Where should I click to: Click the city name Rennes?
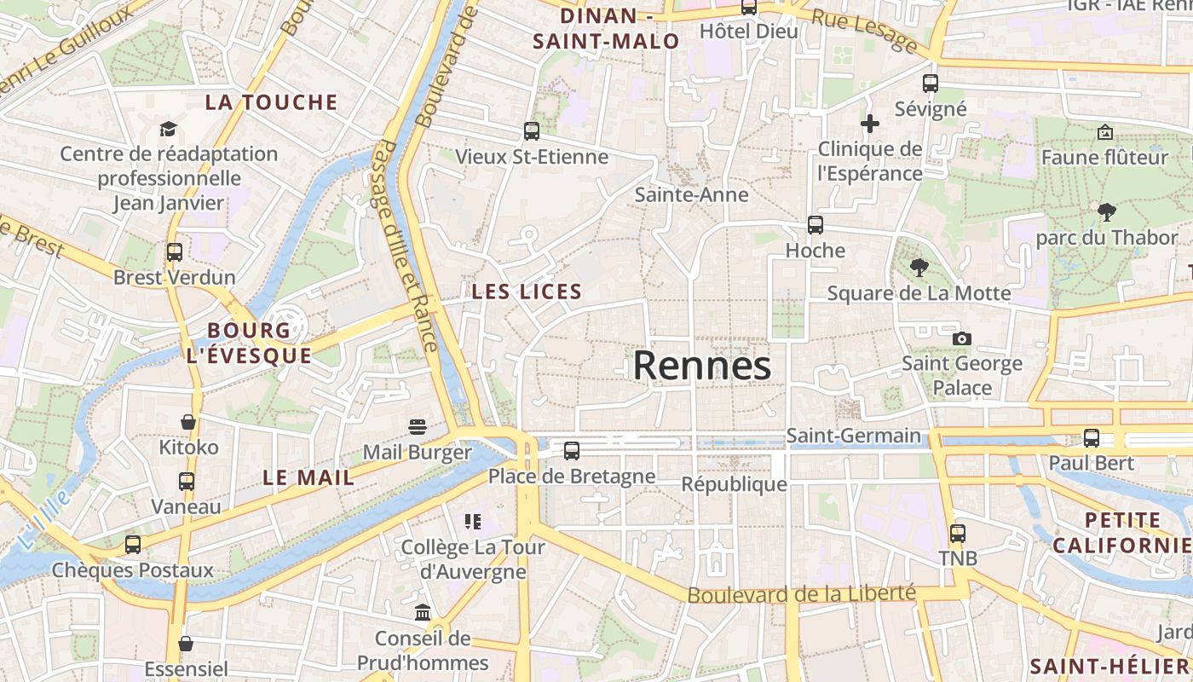coord(702,366)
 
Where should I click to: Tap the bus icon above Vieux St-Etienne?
coord(532,131)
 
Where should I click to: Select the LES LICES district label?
coord(527,292)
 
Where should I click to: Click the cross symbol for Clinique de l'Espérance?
coord(870,124)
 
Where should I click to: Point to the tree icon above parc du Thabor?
coord(1107,211)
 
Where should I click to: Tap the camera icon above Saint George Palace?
coord(962,338)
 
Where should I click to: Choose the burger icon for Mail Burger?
coord(418,426)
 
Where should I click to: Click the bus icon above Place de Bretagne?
coord(572,451)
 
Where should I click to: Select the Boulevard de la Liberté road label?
coord(801,594)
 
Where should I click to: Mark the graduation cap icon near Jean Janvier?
coord(168,129)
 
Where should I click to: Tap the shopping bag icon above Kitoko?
coord(188,422)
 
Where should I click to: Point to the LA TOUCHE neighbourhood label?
coord(272,102)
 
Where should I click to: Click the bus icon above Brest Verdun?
coord(175,252)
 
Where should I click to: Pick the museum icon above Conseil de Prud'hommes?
coord(423,612)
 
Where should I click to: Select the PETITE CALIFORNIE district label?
coord(1121,533)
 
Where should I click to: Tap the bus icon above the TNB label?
coord(958,534)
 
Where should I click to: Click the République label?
coord(734,484)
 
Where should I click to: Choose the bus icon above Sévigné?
coord(931,84)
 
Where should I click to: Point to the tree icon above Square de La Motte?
coord(919,268)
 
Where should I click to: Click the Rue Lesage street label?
coord(863,32)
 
